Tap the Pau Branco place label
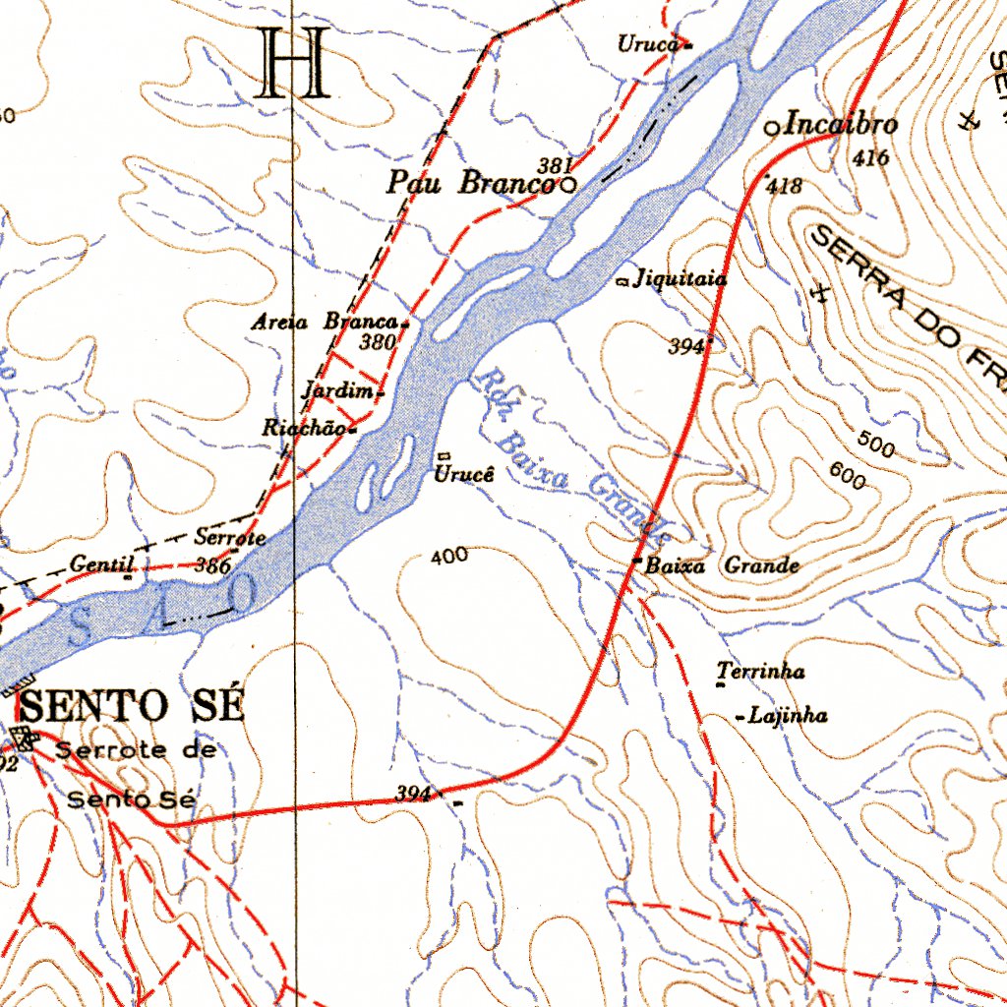469,183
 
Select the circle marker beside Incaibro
773,128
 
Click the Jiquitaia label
681,279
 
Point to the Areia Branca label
325,322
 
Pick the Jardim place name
338,390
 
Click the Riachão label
304,429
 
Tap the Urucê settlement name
462,475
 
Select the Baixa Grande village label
721,566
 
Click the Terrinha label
761,672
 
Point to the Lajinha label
788,716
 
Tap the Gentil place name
101,564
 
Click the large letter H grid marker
292,64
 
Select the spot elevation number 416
871,157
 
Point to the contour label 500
875,444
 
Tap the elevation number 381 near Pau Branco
555,165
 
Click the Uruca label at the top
649,44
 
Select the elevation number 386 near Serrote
212,565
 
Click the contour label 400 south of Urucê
449,557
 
